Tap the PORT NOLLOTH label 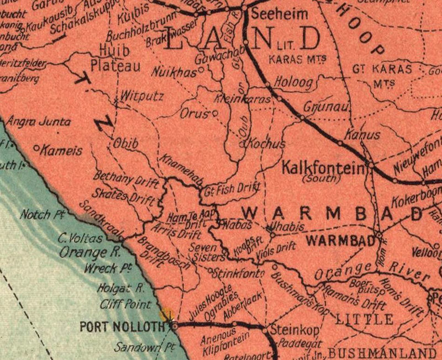(122, 326)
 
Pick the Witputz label (142, 96)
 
